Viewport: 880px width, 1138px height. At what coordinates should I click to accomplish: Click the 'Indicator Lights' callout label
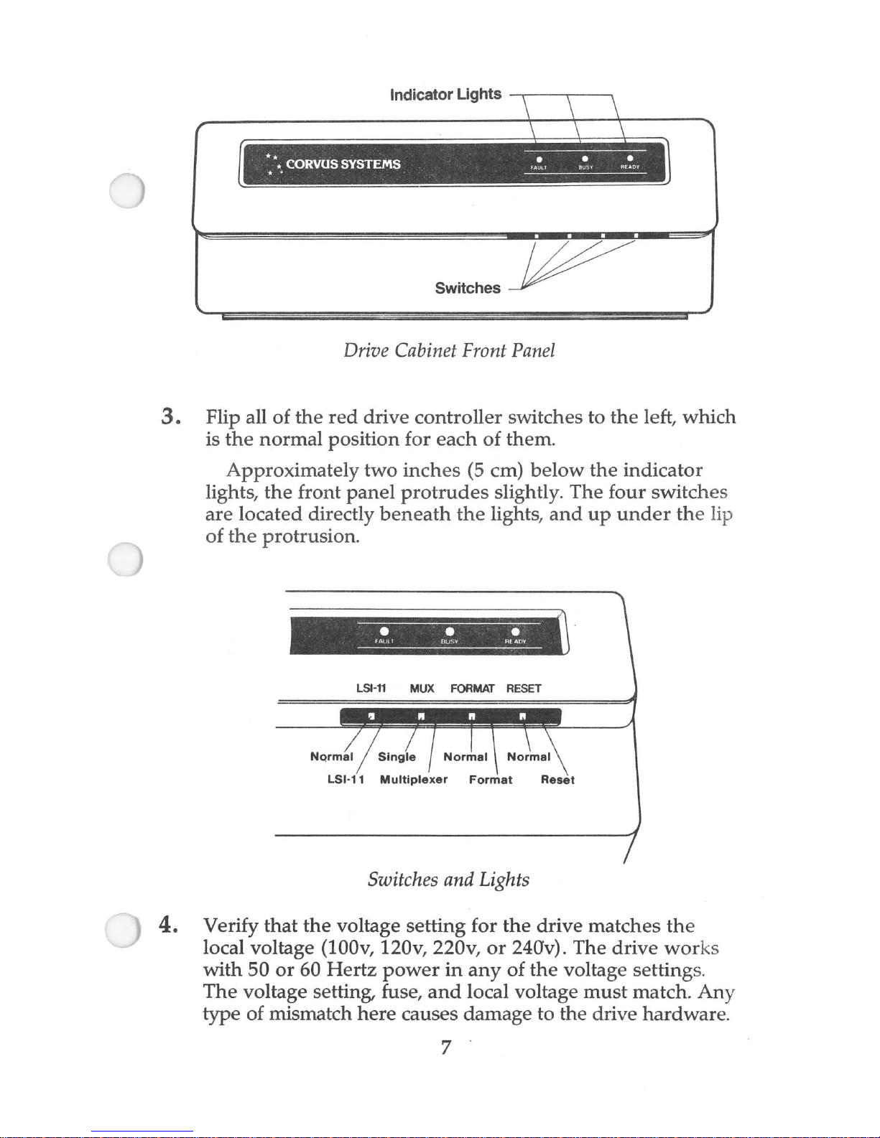coord(445,95)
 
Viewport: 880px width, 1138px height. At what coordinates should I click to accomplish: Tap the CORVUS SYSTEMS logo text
coord(343,164)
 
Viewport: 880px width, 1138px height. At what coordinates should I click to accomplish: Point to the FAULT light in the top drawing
coord(539,159)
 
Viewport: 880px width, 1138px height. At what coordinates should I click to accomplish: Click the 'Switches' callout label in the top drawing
coord(468,288)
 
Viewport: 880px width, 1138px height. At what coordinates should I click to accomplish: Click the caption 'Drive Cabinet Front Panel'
coord(449,350)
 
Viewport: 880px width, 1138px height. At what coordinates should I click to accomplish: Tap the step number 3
coord(170,416)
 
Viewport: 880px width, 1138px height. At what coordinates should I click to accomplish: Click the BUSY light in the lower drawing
coord(449,632)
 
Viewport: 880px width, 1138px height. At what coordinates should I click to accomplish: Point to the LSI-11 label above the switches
coord(371,689)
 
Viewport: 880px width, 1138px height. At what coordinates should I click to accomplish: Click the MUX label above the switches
coord(422,689)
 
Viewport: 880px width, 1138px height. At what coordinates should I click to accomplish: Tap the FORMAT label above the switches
coord(472,689)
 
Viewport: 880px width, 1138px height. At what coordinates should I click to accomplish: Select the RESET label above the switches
coord(524,689)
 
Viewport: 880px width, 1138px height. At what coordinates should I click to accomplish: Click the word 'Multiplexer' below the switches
coord(414,780)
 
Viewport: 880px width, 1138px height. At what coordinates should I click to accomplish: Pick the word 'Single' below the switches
coord(397,757)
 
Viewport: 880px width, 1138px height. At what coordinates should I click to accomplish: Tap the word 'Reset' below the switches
coord(557,780)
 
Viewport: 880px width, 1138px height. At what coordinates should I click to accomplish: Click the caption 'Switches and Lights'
coord(448,880)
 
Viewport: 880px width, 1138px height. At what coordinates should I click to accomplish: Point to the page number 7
coord(445,1048)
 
